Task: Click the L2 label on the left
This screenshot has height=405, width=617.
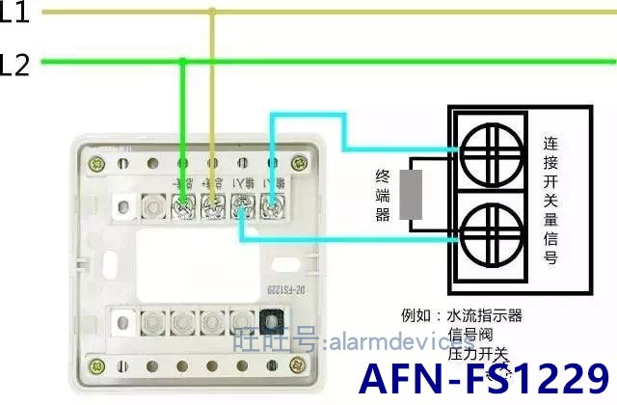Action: [x=14, y=66]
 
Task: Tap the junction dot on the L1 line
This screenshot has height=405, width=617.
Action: [x=212, y=13]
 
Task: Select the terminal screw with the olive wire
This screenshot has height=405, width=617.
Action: [x=212, y=203]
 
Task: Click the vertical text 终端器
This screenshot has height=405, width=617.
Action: [x=382, y=194]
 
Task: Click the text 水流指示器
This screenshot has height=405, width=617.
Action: [x=486, y=315]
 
